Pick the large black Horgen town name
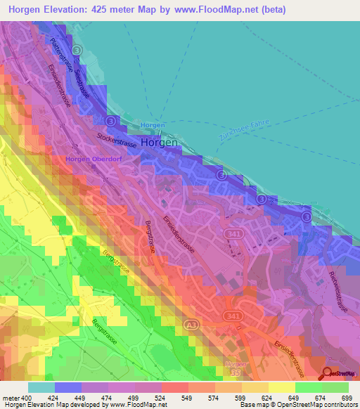coord(160,142)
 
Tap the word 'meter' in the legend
coord(11,398)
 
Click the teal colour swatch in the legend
coord(41,387)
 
